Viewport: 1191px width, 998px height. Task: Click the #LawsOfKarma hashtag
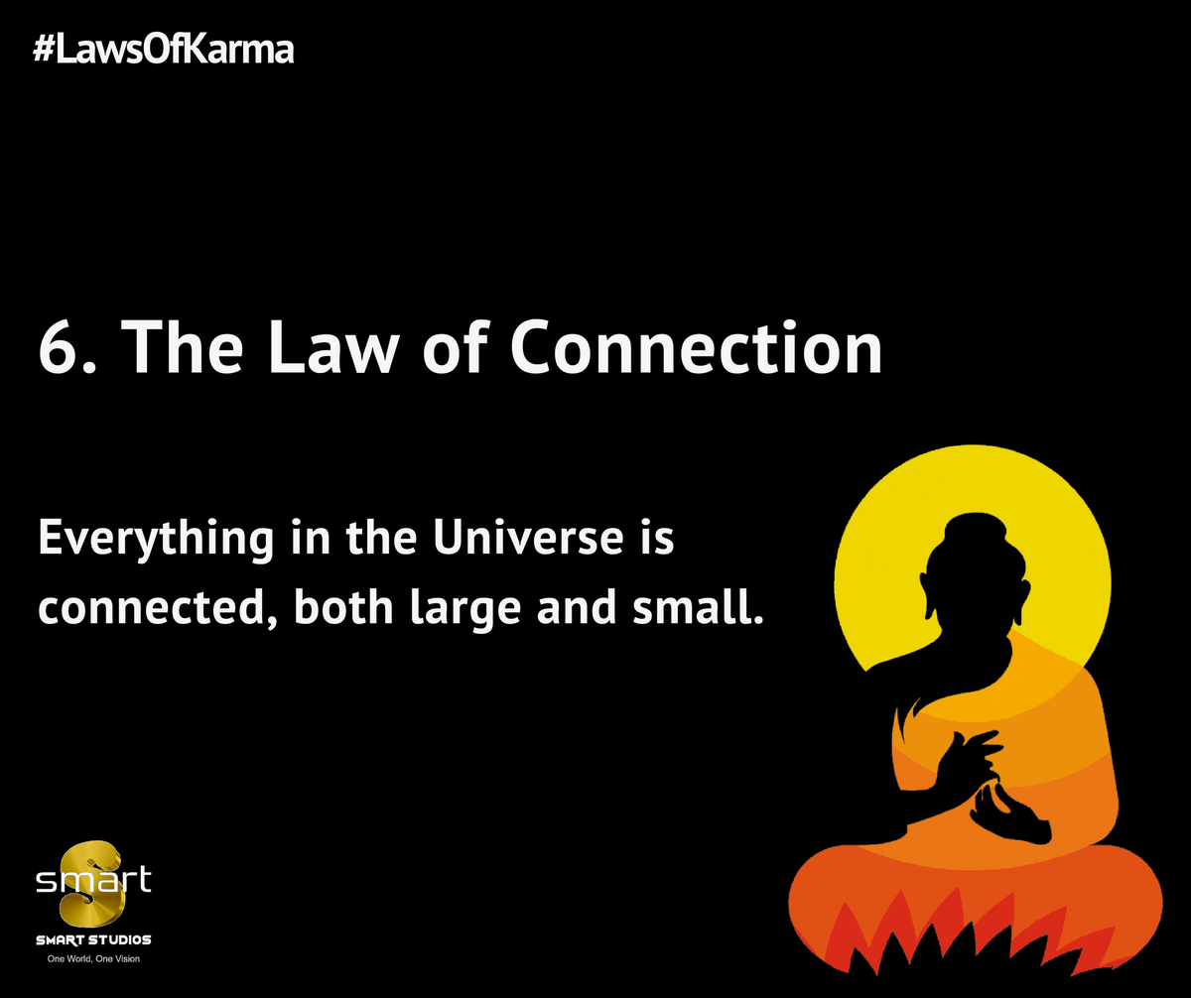tap(163, 50)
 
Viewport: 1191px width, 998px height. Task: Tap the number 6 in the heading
tap(58, 346)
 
